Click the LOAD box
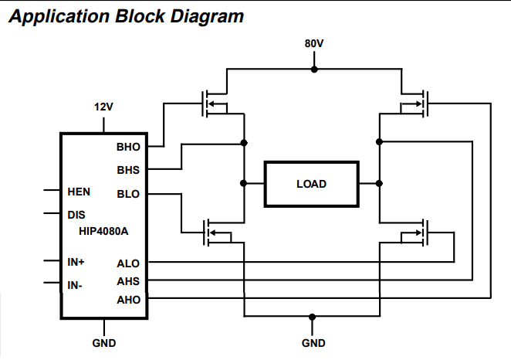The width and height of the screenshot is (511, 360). [x=311, y=184]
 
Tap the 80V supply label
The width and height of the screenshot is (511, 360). [x=313, y=43]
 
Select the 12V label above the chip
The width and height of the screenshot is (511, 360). [x=103, y=107]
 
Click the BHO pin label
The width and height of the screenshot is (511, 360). [x=128, y=146]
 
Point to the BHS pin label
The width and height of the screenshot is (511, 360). [x=128, y=168]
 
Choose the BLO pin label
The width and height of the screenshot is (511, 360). [x=128, y=194]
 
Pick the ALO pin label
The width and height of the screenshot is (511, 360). [x=128, y=263]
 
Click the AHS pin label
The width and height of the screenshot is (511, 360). [x=128, y=281]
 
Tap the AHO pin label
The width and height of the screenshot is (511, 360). [x=128, y=299]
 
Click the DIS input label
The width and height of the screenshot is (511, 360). [x=76, y=215]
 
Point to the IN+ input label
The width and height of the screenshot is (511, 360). [x=76, y=262]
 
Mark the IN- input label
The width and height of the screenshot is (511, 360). [x=75, y=285]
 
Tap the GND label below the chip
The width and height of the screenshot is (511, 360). [x=103, y=343]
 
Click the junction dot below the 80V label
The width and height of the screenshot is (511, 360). [x=313, y=69]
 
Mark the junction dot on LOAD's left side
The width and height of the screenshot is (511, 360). [x=244, y=183]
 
